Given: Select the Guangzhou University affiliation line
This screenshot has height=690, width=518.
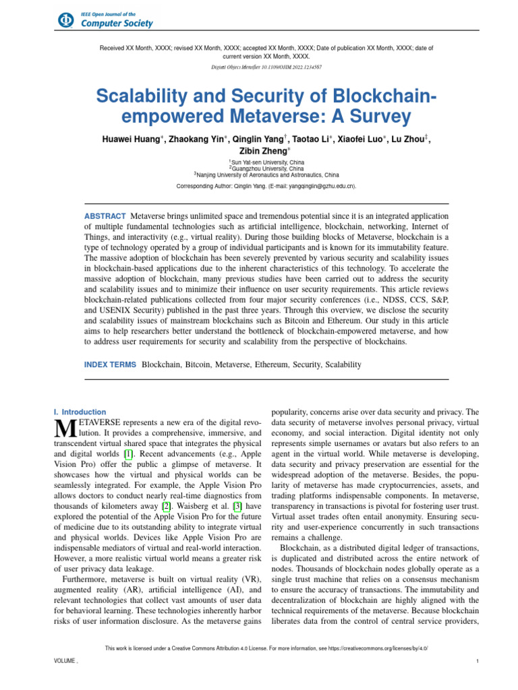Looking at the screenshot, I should click(259, 168).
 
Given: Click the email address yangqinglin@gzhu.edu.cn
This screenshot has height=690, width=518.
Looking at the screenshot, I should click(316, 186).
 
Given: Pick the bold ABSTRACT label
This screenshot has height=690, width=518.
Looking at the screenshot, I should click(104, 215).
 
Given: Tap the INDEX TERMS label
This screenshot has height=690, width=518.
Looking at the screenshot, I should click(109, 365).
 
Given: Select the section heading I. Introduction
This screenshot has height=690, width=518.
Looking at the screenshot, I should click(79, 412).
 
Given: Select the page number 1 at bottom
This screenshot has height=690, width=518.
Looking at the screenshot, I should click(477, 662).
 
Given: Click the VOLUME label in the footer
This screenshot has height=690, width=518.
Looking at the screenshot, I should click(65, 662).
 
